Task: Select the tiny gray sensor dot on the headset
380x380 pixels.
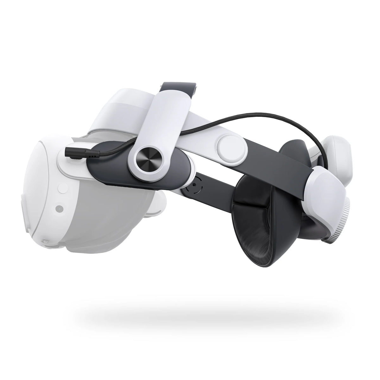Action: point(58,209)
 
